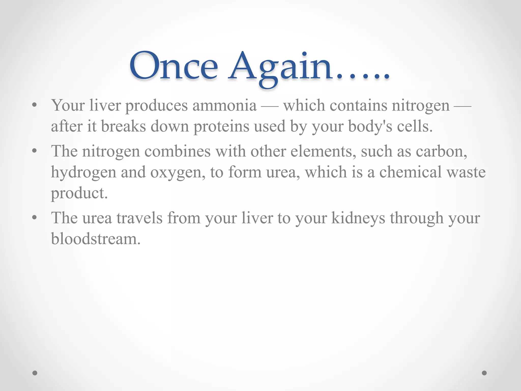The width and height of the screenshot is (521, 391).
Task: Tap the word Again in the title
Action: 280,67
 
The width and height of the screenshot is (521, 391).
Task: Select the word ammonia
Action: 224,105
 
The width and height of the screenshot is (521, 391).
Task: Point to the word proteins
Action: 221,127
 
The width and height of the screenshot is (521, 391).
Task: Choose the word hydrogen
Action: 83,173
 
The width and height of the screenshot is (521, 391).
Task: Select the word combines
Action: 178,151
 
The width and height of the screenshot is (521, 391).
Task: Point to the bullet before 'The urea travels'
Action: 35,218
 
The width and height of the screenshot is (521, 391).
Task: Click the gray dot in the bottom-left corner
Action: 35,373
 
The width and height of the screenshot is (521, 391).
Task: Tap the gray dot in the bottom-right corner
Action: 484,373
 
